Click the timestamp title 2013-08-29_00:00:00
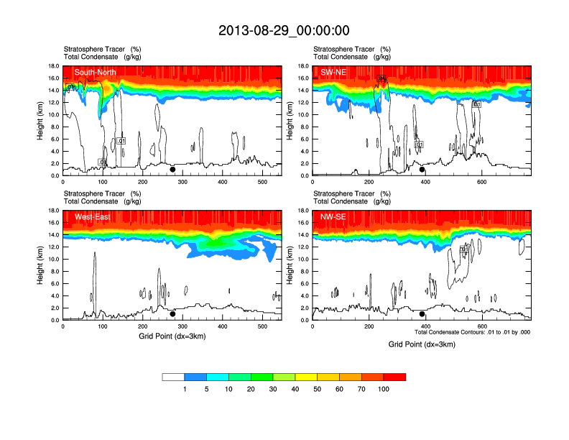point(284,30)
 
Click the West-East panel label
point(92,216)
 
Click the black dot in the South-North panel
point(172,170)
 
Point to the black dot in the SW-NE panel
point(422,170)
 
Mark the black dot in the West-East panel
point(172,313)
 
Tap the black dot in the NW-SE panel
point(422,313)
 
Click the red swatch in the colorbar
point(394,377)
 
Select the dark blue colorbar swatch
point(195,377)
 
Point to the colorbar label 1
point(185,389)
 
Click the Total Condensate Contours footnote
point(473,332)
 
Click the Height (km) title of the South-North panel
point(42,121)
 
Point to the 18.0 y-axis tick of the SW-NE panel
point(304,66)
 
